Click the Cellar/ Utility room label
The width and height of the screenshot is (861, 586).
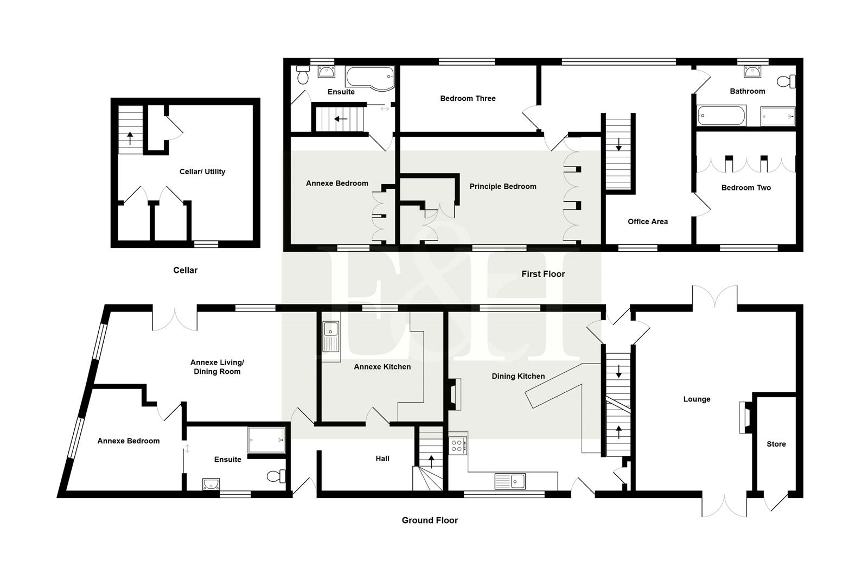coord(202,171)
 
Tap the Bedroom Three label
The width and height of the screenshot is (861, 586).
coord(468,98)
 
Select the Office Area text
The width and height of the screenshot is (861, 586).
coord(647,221)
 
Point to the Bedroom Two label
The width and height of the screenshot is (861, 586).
coord(745,188)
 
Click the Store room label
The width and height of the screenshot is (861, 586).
coord(776,444)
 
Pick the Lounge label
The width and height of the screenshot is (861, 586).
coord(697,399)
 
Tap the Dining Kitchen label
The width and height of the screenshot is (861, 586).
coord(518,376)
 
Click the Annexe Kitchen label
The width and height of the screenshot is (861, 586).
coord(382,367)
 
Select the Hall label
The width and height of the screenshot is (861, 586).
coord(382,458)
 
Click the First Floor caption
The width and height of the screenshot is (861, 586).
coord(543,274)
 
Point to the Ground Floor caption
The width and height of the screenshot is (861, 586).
coord(430,520)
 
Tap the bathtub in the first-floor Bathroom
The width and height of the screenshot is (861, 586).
coord(722,116)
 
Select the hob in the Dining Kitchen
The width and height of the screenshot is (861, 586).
coord(457,446)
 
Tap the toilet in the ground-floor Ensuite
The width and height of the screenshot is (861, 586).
coord(277,476)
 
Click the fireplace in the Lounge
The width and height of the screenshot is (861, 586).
coord(744,417)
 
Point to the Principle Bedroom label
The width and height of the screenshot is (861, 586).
coord(502,186)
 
